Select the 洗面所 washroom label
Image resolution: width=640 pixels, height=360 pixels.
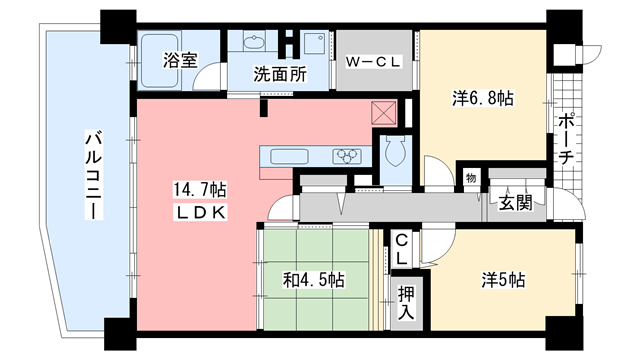[278, 73]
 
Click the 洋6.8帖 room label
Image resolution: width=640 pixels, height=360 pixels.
[483, 100]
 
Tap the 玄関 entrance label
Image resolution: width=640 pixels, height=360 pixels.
[516, 204]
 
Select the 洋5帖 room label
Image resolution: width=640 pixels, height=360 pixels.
[501, 280]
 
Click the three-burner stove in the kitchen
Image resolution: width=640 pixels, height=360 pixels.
[348, 156]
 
